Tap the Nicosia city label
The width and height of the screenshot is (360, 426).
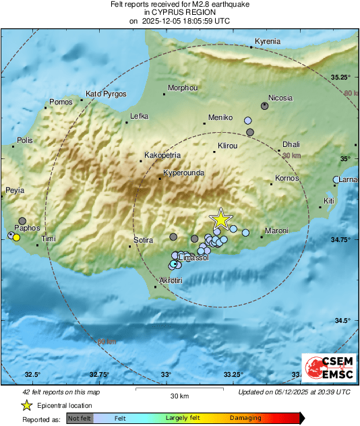pyautogui.click(x=280, y=98)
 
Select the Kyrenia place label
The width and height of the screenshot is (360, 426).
pyautogui.click(x=268, y=42)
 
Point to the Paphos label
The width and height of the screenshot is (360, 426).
pyautogui.click(x=26, y=228)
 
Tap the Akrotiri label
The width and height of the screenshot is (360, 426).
pyautogui.click(x=171, y=280)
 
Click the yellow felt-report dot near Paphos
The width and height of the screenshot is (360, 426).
pyautogui.click(x=16, y=237)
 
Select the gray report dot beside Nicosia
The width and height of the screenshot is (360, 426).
pyautogui.click(x=265, y=106)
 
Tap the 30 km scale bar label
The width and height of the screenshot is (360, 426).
pyautogui.click(x=179, y=396)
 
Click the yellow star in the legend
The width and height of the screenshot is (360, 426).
pyautogui.click(x=26, y=405)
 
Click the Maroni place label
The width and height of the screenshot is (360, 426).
pyautogui.click(x=276, y=231)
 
